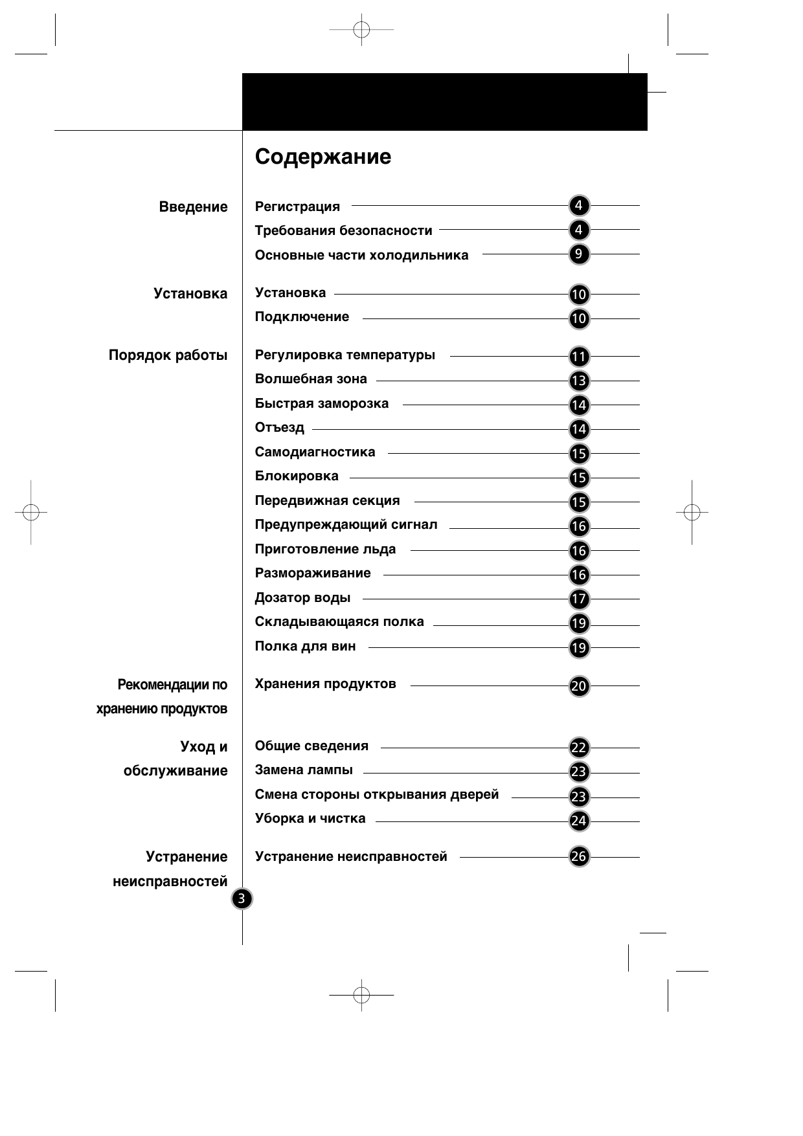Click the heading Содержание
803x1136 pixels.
click(x=322, y=157)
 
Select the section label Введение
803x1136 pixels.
click(x=193, y=207)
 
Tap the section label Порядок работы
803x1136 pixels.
click(x=168, y=355)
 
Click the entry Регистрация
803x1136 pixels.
click(x=297, y=206)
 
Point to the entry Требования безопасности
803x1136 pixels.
click(x=343, y=230)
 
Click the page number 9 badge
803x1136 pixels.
click(x=579, y=254)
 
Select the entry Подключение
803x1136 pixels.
click(x=302, y=317)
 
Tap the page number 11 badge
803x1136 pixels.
click(x=579, y=357)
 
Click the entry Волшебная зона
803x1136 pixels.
click(x=311, y=379)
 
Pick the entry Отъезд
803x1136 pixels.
click(x=279, y=427)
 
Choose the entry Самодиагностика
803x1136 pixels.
click(x=315, y=452)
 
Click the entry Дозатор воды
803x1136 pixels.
click(x=302, y=597)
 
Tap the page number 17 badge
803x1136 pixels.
click(x=579, y=599)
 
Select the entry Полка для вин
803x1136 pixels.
click(x=305, y=646)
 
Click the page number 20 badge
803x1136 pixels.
click(x=579, y=686)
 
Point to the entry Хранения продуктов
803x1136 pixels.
click(x=325, y=684)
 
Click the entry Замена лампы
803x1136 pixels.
click(x=304, y=770)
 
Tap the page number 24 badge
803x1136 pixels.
click(x=579, y=821)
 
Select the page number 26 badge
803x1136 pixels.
click(x=579, y=857)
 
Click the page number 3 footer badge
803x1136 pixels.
click(x=242, y=898)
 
